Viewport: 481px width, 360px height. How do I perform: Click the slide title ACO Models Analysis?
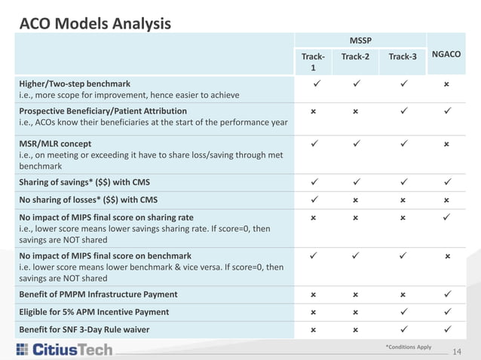[94, 24]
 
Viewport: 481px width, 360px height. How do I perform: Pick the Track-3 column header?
[403, 56]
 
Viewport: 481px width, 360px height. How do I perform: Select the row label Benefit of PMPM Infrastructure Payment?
[98, 294]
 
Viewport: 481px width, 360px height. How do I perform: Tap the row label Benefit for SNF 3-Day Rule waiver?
[93, 328]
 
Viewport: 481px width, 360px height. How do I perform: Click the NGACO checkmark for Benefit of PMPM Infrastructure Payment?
[447, 294]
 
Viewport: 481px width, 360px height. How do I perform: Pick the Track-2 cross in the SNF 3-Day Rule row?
[356, 328]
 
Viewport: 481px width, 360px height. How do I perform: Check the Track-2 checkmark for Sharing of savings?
[356, 182]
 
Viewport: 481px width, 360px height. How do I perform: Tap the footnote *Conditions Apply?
[408, 347]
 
